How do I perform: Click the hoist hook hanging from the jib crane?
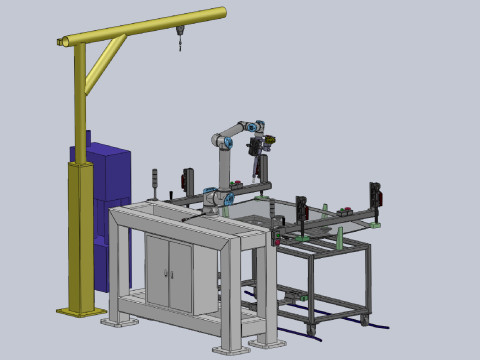pos(180,43)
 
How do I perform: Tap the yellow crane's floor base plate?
pos(81,312)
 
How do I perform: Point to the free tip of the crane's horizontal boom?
pos(222,12)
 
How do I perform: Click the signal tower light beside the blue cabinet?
pos(154,181)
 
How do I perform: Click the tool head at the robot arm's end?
pos(262,148)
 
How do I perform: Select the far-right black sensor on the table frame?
pos(375,197)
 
